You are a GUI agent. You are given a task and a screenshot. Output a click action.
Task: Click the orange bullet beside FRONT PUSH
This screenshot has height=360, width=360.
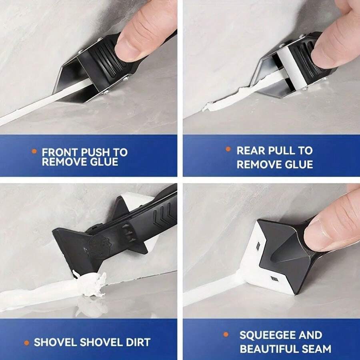click(x=34, y=152)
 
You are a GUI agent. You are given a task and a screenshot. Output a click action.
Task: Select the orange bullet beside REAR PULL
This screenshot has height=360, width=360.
click(x=228, y=149)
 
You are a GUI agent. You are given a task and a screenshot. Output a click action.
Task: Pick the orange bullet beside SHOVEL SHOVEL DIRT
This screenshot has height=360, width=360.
click(x=27, y=342)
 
